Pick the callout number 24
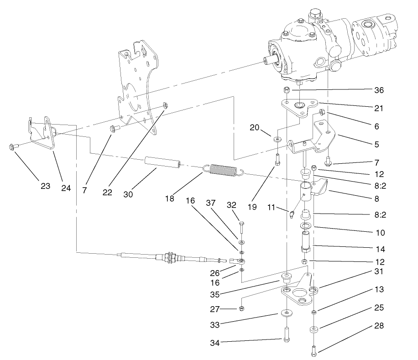pyautogui.click(x=66, y=187)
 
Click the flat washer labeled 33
pyautogui.click(x=286, y=313)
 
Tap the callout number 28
pyautogui.click(x=379, y=326)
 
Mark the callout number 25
pyautogui.click(x=379, y=308)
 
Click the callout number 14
pyautogui.click(x=379, y=250)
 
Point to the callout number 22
pyautogui.click(x=107, y=193)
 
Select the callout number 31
pyautogui.click(x=379, y=271)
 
